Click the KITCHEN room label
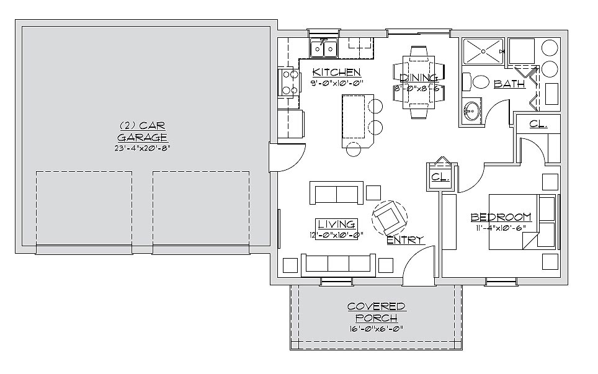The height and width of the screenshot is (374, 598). pos(336,72)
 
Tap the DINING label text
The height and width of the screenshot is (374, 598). pos(419,78)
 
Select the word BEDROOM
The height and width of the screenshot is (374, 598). pos(501,217)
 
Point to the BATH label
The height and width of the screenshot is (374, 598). pos(509,84)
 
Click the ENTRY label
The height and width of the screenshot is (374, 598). pos(406,240)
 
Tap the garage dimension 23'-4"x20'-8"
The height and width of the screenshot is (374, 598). pos(142,148)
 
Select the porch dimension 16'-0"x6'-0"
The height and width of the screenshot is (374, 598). pos(376,329)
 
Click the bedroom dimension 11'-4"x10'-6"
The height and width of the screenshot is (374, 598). pos(501,228)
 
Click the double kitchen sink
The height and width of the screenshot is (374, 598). pos(324,48)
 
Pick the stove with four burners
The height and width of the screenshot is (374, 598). pos(288,82)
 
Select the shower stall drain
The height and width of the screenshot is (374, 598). pos(484,51)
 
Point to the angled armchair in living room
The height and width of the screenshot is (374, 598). pos(390,218)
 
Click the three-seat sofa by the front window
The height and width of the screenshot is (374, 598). pos(336,265)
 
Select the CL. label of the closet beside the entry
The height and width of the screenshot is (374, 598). pos(440,177)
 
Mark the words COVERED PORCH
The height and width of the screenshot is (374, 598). pos(377,312)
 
